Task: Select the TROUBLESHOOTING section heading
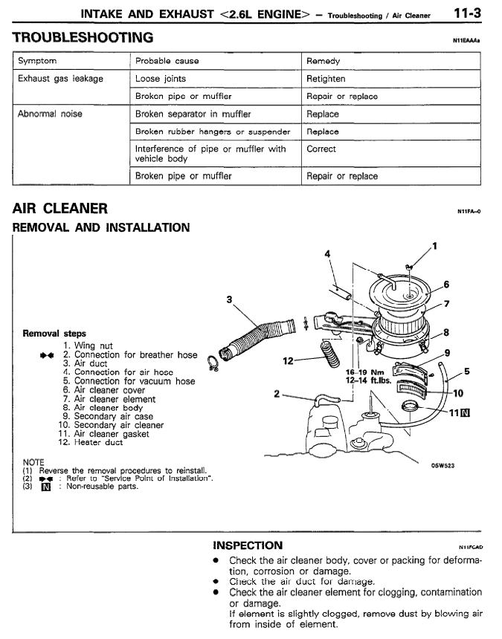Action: tap(83, 37)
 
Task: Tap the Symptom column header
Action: tap(37, 61)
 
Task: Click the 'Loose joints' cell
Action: tap(161, 78)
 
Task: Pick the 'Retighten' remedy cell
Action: tap(326, 78)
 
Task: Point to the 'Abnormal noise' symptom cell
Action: tap(49, 114)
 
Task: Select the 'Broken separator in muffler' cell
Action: tap(193, 114)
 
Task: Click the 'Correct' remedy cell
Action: tap(321, 149)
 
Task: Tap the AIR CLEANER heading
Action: tap(60, 209)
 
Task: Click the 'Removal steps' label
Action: tap(54, 334)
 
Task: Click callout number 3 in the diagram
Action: tap(230, 299)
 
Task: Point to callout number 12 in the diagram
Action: tap(290, 360)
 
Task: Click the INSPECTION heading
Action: tap(248, 545)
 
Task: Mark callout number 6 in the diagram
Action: tap(446, 284)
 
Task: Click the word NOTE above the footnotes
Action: tap(33, 462)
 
